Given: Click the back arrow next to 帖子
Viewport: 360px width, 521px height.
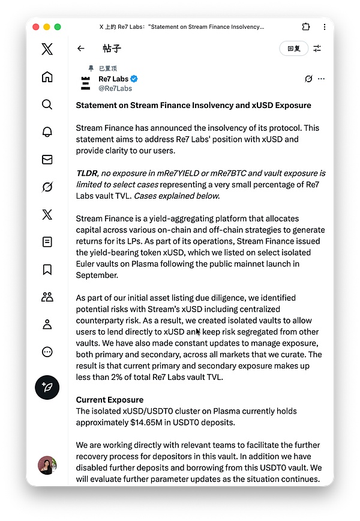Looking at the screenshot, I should coord(81,49).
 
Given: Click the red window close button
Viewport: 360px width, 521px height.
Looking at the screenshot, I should coord(35,27).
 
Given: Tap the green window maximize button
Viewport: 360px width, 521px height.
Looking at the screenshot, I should coord(58,27).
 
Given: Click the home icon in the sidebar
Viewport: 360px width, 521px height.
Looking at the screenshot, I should coord(47,77).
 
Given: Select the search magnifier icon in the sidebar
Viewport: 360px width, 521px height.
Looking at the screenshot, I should coord(47,104).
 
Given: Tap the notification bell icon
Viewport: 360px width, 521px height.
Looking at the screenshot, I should coord(47,132).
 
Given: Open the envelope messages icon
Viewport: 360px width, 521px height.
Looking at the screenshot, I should coord(47,160).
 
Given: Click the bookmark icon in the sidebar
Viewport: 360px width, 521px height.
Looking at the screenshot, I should coord(47,270).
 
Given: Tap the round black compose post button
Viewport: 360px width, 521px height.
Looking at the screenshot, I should coord(47,387).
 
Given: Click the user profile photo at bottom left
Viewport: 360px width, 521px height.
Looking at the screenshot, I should coord(47,465).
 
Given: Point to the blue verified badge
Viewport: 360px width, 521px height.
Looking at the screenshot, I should coord(134,79).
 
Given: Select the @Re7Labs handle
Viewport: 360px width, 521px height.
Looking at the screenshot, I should coord(115,88).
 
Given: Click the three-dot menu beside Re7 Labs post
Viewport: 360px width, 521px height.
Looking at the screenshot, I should coord(321,79).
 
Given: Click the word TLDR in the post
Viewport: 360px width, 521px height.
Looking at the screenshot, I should coord(88,173).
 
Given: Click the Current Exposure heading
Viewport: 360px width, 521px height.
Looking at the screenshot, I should coord(109,400).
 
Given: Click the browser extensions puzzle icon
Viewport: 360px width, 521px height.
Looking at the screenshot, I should coord(306,27).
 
